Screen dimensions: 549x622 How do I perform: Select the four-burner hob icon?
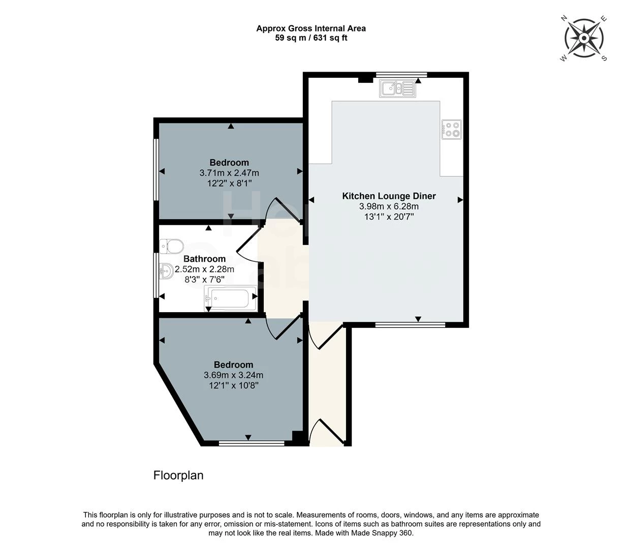[452, 129]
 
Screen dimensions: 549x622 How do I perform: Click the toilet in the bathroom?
[171, 247]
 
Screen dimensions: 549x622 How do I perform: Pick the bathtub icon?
[230, 298]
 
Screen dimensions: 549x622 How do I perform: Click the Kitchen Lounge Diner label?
[389, 196]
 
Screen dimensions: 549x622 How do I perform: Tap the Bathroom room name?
[204, 259]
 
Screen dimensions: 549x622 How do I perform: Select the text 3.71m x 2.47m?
[229, 173]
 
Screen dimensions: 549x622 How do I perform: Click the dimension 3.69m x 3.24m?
[233, 375]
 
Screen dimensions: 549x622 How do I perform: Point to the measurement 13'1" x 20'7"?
[389, 217]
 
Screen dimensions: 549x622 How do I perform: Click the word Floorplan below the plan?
[178, 475]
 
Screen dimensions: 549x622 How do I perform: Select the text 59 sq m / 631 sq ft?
[311, 38]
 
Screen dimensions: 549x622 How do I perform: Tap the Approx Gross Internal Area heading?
[311, 28]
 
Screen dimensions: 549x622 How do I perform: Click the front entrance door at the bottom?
[328, 432]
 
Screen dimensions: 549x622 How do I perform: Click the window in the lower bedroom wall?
[251, 443]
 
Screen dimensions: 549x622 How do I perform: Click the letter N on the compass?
[564, 18]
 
